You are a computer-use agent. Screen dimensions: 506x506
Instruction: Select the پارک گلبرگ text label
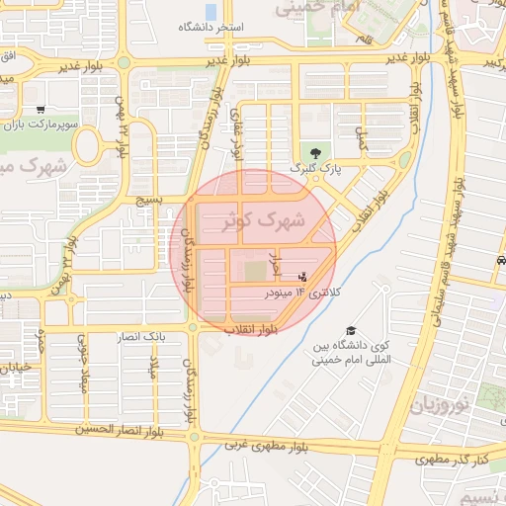[x=315, y=169]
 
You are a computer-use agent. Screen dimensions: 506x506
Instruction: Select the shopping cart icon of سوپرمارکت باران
[x=40, y=110]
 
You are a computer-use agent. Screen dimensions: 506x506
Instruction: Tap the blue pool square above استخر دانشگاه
[x=211, y=11]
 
